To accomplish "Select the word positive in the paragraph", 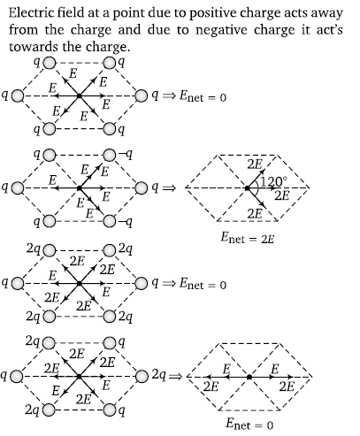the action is pos(211,13).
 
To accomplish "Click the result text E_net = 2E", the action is pos(248,238).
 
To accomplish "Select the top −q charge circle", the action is pos(109,155).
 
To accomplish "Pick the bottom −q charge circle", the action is pos(109,221).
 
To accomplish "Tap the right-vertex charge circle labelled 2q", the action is pos(142,376).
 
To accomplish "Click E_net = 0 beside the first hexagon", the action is pos(203,96).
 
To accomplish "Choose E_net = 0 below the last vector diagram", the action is pos(249,424).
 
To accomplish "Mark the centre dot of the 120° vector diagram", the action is pos(248,187).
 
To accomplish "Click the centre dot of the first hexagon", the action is pos(79,96).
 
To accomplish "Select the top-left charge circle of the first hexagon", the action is pos(50,63).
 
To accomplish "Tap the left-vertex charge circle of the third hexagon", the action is pos(18,283).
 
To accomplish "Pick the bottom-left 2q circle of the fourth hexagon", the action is pos(50,409).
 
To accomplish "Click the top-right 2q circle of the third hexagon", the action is pos(109,250).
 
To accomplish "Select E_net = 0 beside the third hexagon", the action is pos(203,284).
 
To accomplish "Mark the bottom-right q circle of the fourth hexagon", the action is pos(109,409).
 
